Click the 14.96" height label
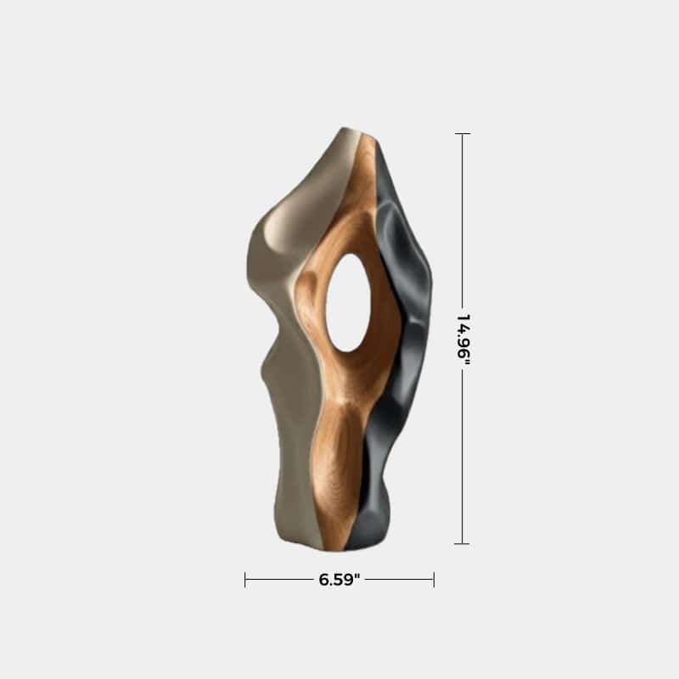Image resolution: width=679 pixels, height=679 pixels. [463, 339]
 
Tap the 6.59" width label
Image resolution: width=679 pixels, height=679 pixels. [339, 580]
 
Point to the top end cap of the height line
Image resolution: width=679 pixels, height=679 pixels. [463, 134]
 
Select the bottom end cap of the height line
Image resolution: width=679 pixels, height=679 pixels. [463, 543]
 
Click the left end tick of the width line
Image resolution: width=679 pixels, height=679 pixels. [245, 580]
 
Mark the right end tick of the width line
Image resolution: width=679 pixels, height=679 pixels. [434, 580]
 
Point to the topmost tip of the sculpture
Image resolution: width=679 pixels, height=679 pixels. [348, 129]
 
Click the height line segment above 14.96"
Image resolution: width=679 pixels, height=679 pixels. [463, 221]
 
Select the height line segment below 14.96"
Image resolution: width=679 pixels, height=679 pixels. [463, 458]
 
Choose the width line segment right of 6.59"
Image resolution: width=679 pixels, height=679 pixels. [399, 580]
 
